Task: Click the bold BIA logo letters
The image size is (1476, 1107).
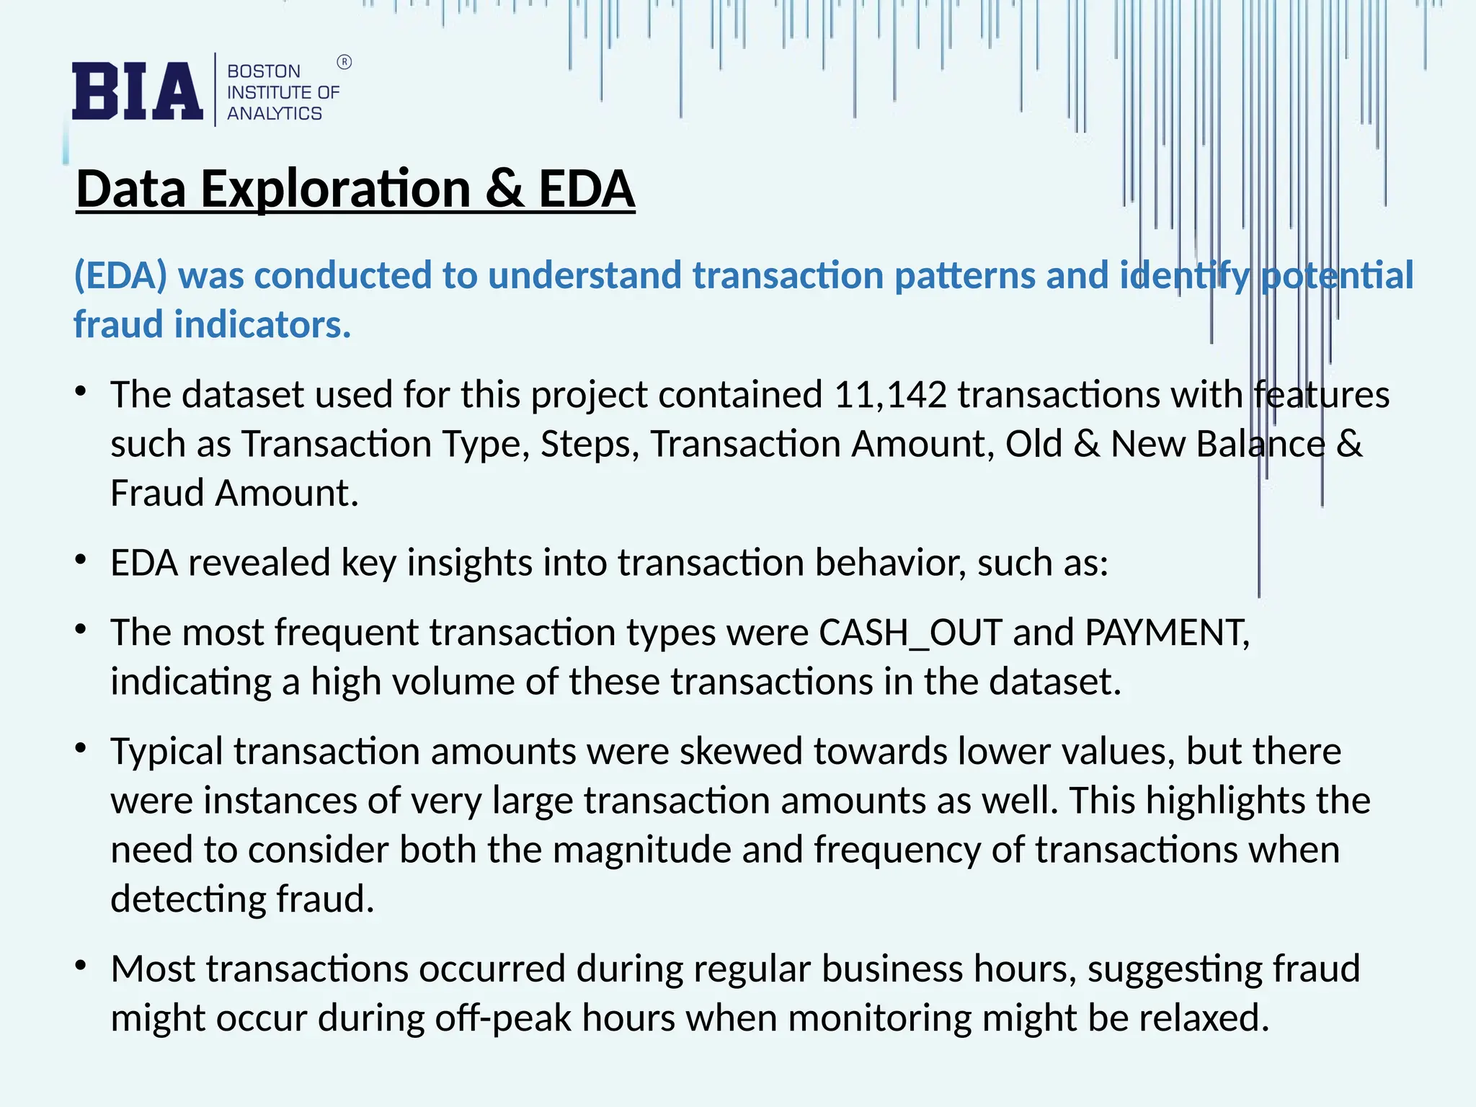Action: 137,91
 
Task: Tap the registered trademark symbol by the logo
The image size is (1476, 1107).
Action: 344,63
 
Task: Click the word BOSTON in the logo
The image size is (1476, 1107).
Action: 264,71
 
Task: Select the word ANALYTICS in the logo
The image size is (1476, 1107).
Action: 275,113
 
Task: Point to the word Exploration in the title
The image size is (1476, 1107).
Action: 335,189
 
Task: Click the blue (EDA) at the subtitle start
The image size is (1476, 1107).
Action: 120,275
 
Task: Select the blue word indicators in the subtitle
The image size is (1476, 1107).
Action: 262,324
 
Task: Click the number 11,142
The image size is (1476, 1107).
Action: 890,395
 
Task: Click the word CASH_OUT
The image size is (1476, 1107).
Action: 910,633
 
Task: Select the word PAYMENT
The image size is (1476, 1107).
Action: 1166,633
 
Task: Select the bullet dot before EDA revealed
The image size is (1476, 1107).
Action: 81,560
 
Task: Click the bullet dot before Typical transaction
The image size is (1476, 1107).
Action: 81,749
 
